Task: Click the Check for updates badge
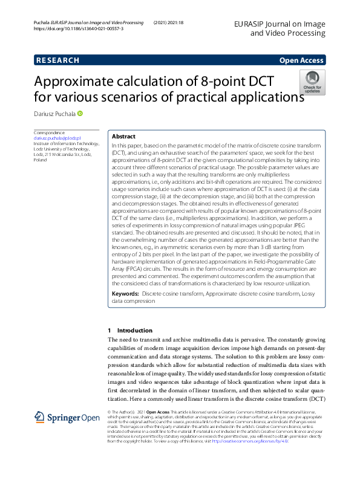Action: pyautogui.click(x=312, y=82)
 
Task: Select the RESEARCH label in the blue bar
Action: pyautogui.click(x=57, y=60)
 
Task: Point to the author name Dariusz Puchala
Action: pyautogui.click(x=54, y=114)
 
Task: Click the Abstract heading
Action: pyautogui.click(x=124, y=137)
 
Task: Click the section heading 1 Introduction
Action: pyautogui.click(x=129, y=331)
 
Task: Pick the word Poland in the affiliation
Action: pyautogui.click(x=40, y=161)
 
